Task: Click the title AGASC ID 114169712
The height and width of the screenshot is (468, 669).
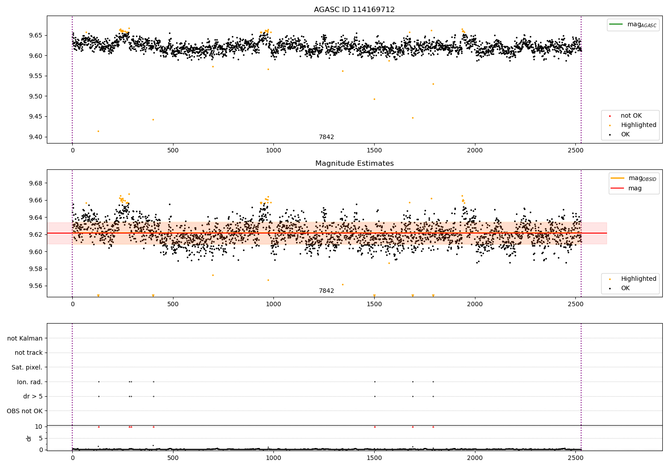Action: point(354,9)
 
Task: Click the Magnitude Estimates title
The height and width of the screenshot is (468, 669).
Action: point(354,164)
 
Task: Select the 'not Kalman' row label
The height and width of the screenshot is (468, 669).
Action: point(25,338)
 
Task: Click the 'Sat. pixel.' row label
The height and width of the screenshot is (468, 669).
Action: point(27,367)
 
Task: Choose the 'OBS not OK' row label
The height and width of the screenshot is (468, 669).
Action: point(25,411)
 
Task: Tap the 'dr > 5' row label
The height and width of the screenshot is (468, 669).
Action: point(33,396)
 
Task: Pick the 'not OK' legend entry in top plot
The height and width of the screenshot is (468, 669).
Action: point(631,116)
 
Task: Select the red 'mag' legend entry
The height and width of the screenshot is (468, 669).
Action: point(635,188)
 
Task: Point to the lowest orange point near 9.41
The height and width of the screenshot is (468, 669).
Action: point(99,131)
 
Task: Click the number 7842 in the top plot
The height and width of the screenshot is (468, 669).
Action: point(326,137)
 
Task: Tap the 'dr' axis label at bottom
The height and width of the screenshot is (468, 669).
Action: point(29,438)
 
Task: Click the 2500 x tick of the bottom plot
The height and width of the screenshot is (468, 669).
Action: point(575,457)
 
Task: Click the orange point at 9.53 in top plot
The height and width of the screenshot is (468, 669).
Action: point(433,84)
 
